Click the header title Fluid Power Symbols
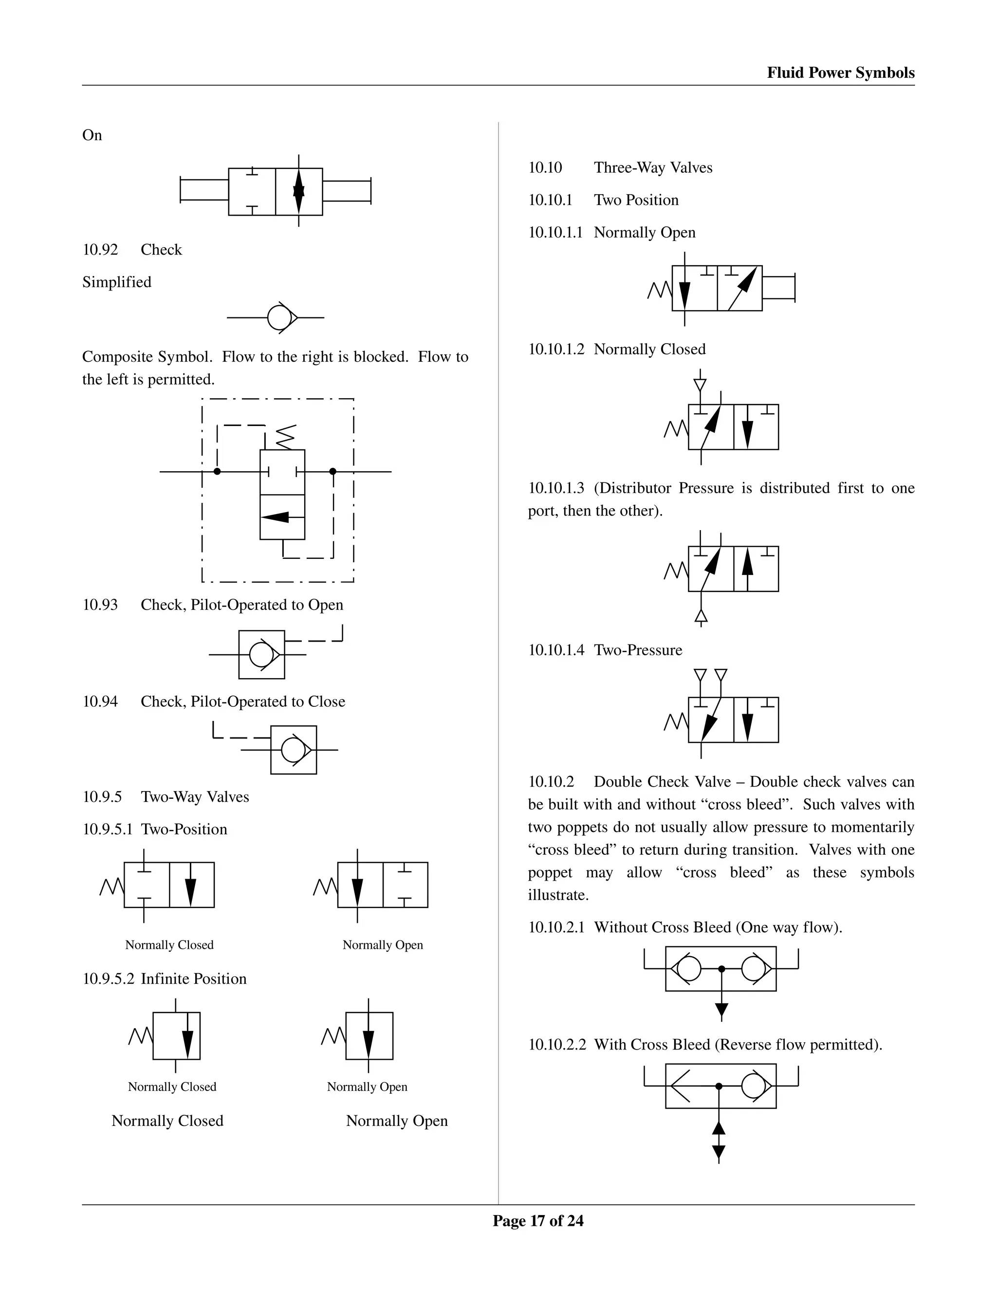coord(840,73)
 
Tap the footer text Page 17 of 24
coord(538,1221)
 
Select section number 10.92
coord(100,250)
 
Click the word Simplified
coord(117,282)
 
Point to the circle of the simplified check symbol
coord(279,318)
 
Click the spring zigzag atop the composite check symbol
coord(285,437)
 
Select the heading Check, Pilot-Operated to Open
coord(241,605)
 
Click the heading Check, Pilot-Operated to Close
coord(243,701)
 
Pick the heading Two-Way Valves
coord(195,797)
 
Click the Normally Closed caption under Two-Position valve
coord(169,945)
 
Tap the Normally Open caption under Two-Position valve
coord(383,945)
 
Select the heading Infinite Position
coord(193,979)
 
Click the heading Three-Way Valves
coord(653,168)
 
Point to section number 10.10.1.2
coord(556,349)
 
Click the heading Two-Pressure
coord(638,650)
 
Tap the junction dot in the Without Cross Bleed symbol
coord(721,969)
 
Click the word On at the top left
coord(92,135)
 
